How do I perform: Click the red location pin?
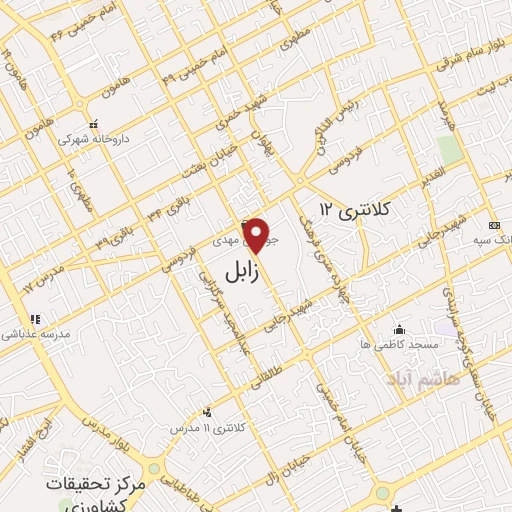tap(257, 236)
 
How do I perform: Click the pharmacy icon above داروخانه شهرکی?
tap(92, 125)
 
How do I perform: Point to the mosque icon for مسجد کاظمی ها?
tap(400, 329)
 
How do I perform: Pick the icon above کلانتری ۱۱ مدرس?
tap(207, 412)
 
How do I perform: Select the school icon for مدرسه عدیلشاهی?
tap(36, 320)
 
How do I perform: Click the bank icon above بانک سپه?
tap(493, 224)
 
